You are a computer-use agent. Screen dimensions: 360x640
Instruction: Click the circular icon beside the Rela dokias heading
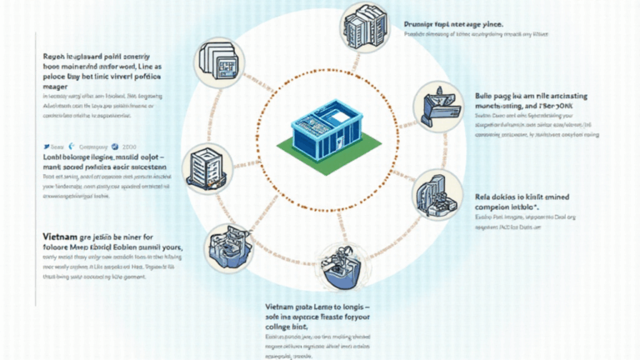pyautogui.click(x=437, y=194)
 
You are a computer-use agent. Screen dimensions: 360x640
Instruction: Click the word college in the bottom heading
pyautogui.click(x=278, y=328)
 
